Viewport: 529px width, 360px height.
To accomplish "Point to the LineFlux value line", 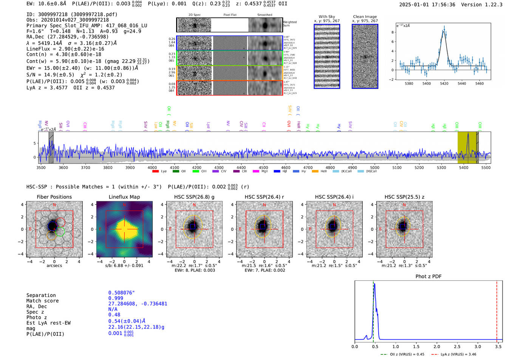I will pyautogui.click(x=65, y=49).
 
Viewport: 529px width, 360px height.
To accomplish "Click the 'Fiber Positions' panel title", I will pyautogui.click(x=54, y=197).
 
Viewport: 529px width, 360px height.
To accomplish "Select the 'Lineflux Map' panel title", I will pyautogui.click(x=124, y=197).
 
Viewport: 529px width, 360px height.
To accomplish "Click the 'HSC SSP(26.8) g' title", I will pyautogui.click(x=194, y=197).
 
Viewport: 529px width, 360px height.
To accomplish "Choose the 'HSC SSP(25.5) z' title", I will pyautogui.click(x=404, y=197).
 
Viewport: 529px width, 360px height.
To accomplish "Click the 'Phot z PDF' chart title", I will pyautogui.click(x=428, y=277).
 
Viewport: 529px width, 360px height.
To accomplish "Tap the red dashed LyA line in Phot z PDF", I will pyautogui.click(x=497, y=310).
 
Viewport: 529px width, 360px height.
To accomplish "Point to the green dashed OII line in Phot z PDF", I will pyautogui.click(x=373, y=310).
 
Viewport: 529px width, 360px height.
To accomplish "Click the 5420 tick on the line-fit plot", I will pyautogui.click(x=444, y=83).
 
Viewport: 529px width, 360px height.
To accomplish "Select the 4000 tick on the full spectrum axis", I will pyautogui.click(x=152, y=167).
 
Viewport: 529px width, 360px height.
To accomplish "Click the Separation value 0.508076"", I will pyautogui.click(x=121, y=293).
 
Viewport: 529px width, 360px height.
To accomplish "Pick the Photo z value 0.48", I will pyautogui.click(x=114, y=315).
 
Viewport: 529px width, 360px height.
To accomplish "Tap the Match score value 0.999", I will pyautogui.click(x=116, y=298).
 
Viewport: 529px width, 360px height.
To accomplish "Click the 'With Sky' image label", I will pyautogui.click(x=326, y=17).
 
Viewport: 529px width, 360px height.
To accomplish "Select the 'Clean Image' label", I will pyautogui.click(x=365, y=17).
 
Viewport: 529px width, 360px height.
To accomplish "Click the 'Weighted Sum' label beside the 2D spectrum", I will pyautogui.click(x=290, y=24).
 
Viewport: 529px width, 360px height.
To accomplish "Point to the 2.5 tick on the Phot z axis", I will pyautogui.click(x=457, y=346).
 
